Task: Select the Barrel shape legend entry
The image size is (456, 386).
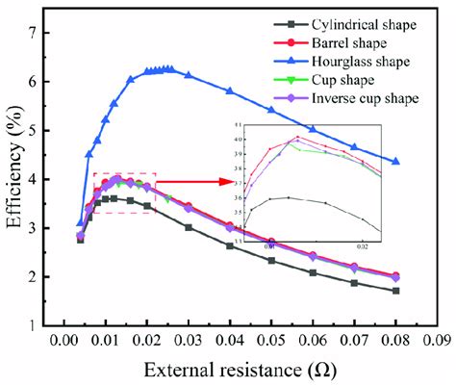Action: [362, 42]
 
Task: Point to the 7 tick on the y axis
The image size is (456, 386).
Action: [37, 34]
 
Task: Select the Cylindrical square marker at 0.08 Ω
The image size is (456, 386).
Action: [395, 291]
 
